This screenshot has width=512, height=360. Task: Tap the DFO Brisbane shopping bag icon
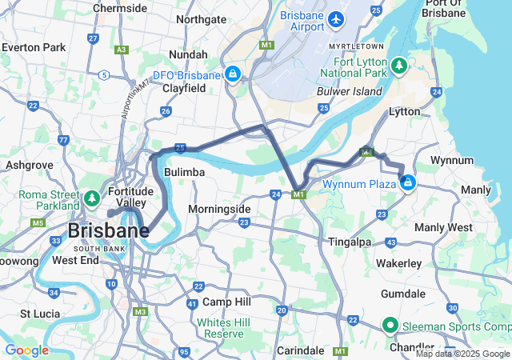pyautogui.click(x=231, y=74)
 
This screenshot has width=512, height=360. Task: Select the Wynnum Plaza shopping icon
pyautogui.click(x=409, y=183)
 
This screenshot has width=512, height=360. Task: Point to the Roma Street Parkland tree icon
pyautogui.click(x=91, y=197)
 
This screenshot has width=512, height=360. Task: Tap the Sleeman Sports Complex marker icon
pyautogui.click(x=390, y=325)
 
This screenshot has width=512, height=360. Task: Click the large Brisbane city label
pyautogui.click(x=108, y=231)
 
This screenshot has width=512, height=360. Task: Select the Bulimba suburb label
pyautogui.click(x=185, y=172)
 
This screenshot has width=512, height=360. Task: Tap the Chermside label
pyautogui.click(x=119, y=7)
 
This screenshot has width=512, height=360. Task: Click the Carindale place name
pyautogui.click(x=302, y=350)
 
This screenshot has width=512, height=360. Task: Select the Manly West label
pyautogui.click(x=444, y=227)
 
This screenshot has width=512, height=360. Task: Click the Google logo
pyautogui.click(x=26, y=350)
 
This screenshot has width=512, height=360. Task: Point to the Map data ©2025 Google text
pyautogui.click(x=462, y=354)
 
